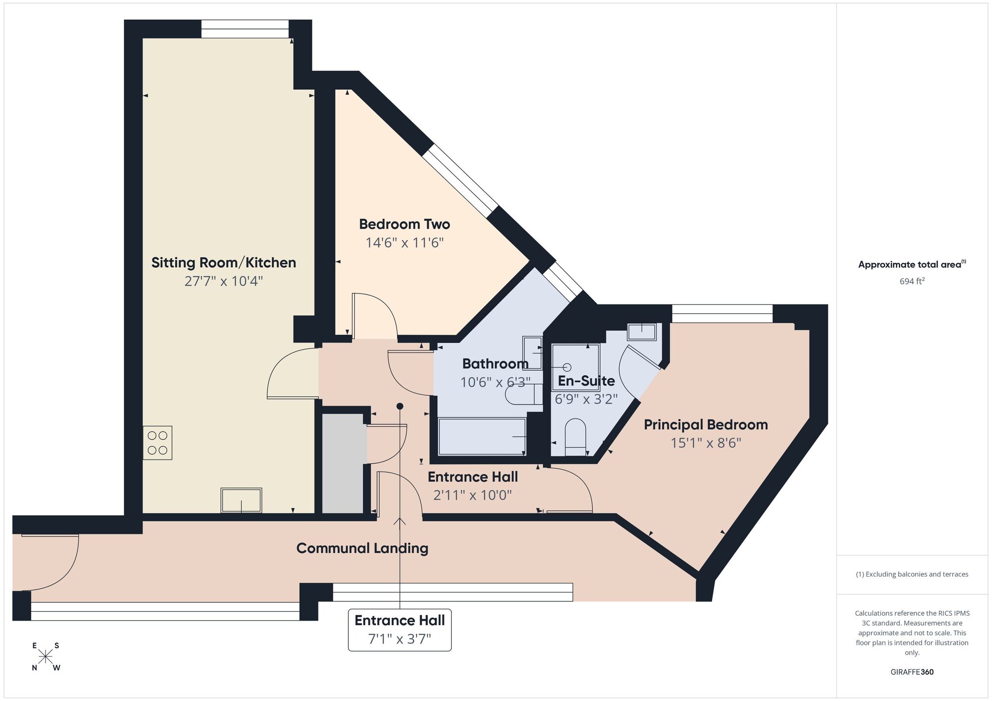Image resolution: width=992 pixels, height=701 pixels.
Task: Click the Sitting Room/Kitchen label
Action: coord(223,263)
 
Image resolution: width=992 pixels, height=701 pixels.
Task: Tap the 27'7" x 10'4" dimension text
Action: coord(223,282)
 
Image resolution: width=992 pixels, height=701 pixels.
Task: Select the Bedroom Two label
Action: coord(404,225)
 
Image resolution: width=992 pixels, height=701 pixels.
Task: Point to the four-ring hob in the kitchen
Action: coord(158,443)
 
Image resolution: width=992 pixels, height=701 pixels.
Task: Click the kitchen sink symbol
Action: coord(241,500)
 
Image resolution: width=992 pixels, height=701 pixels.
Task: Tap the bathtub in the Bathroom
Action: coord(482,436)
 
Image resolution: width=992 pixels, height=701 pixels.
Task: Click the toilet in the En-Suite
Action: coord(575,436)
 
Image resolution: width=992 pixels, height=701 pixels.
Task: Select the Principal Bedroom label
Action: coord(705,425)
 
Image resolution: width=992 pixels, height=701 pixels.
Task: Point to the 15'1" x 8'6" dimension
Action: coord(705,443)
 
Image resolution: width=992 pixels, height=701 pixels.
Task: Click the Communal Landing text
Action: coord(362,548)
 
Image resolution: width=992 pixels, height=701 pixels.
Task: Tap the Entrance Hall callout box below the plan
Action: coord(400,630)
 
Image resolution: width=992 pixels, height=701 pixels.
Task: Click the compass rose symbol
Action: coord(46,657)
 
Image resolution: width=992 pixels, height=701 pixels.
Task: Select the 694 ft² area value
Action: coord(912,281)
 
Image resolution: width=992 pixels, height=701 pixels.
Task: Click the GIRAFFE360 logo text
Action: coord(912,672)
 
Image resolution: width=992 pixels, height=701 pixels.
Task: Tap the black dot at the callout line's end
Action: coord(400,407)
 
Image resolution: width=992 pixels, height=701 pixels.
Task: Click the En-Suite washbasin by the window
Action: coord(642,332)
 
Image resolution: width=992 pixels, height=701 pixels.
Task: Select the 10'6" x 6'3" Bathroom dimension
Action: coord(495,382)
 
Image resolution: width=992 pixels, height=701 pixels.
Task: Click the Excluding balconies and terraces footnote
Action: coord(912,575)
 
